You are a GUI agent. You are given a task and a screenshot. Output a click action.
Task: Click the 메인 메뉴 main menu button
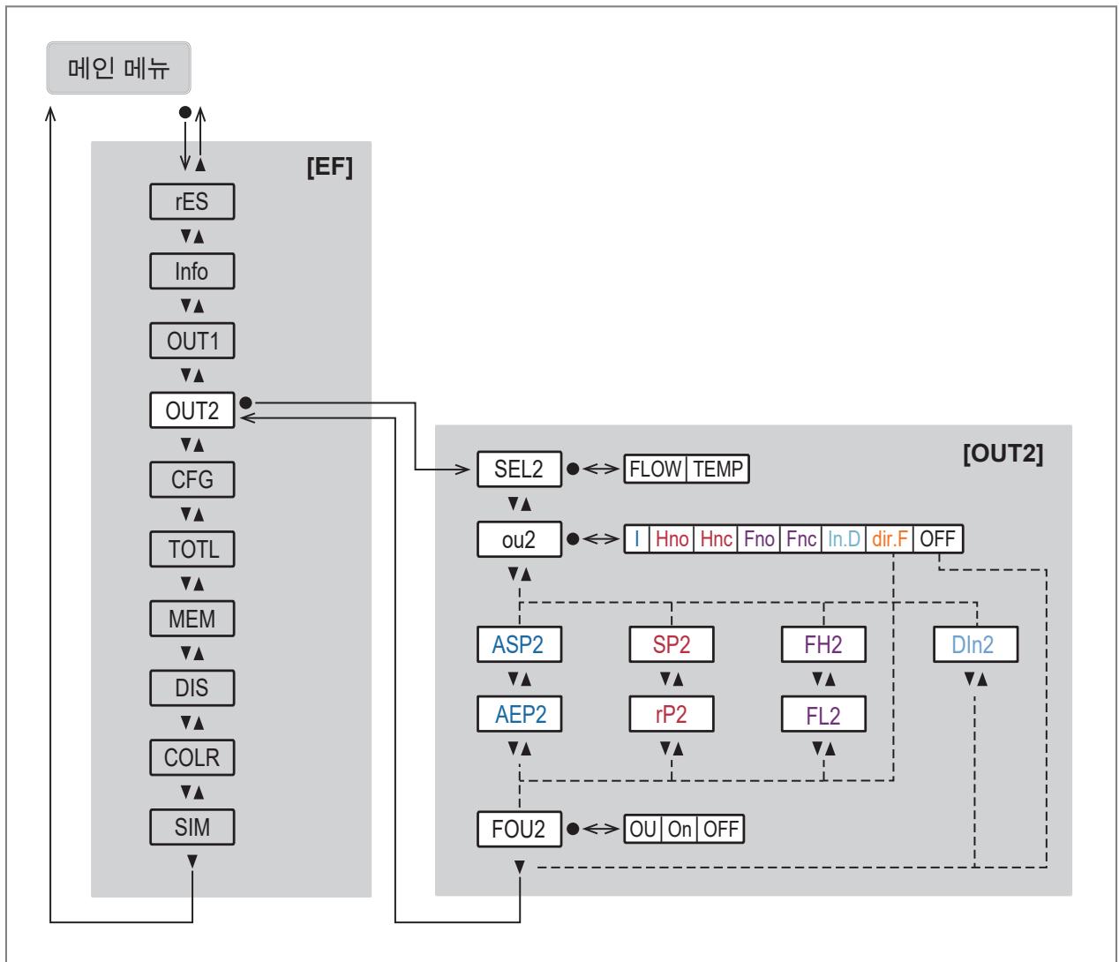tap(118, 68)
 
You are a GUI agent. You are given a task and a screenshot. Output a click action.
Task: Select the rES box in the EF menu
tap(192, 201)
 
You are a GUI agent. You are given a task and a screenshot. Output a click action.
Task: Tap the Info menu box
tap(192, 271)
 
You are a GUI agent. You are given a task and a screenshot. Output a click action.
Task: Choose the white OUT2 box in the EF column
tap(192, 410)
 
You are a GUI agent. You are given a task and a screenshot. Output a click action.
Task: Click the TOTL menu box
tap(192, 549)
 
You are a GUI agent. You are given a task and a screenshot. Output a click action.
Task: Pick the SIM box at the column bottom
tap(192, 827)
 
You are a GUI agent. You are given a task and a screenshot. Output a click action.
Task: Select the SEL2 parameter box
tap(519, 469)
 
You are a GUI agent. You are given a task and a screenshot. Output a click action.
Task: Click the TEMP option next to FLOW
tap(717, 469)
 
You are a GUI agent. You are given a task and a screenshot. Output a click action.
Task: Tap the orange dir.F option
tap(890, 538)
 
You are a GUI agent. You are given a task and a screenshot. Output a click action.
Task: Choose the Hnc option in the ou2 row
tap(716, 538)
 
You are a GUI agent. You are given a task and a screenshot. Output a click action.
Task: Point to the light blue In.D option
tap(844, 538)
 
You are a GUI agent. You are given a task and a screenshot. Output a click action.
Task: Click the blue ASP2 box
tap(519, 644)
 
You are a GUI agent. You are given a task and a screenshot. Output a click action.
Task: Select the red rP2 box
tap(672, 714)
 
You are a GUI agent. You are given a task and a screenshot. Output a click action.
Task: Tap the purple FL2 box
tap(823, 714)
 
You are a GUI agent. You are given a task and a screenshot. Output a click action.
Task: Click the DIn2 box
tap(975, 644)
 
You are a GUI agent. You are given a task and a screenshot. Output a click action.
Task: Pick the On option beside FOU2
tap(680, 829)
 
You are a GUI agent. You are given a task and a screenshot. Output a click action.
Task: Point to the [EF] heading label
tap(330, 167)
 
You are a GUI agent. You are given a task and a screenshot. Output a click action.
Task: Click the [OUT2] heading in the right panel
tap(1003, 454)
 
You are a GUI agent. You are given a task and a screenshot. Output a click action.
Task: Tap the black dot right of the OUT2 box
tap(246, 402)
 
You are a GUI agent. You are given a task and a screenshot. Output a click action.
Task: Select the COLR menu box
tap(192, 757)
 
